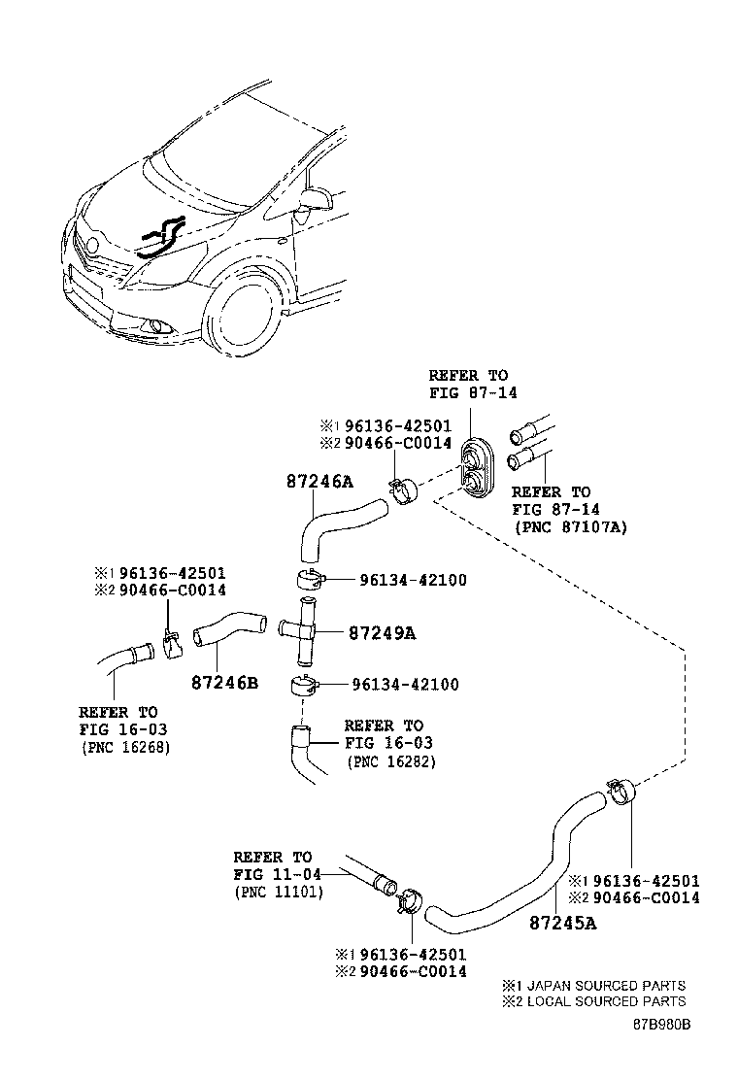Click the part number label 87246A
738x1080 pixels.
[319, 480]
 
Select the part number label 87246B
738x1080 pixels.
[224, 683]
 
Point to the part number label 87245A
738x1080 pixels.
[563, 922]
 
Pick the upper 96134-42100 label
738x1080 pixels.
[413, 580]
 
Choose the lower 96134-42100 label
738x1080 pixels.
[413, 684]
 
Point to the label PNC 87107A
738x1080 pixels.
[570, 526]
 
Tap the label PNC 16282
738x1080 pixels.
[390, 761]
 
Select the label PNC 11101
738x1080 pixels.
[279, 892]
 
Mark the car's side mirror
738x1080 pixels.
[318, 201]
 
